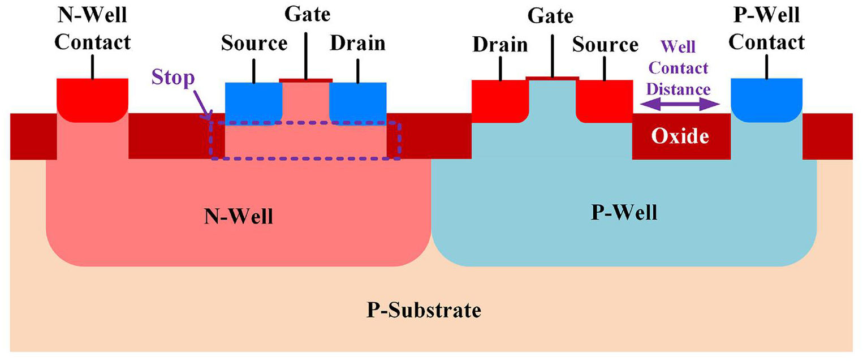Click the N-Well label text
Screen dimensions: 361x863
238,216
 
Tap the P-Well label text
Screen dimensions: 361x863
624,213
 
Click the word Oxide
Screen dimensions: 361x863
680,136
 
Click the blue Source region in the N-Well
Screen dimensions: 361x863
253,100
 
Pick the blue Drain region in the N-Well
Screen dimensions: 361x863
357,100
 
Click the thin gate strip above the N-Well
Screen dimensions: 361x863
305,80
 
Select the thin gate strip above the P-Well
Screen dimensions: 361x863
552,78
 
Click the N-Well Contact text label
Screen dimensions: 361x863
93,28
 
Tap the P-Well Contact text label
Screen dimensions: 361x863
767,28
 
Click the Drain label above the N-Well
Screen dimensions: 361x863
357,43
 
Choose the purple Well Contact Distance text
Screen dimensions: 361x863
679,68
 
